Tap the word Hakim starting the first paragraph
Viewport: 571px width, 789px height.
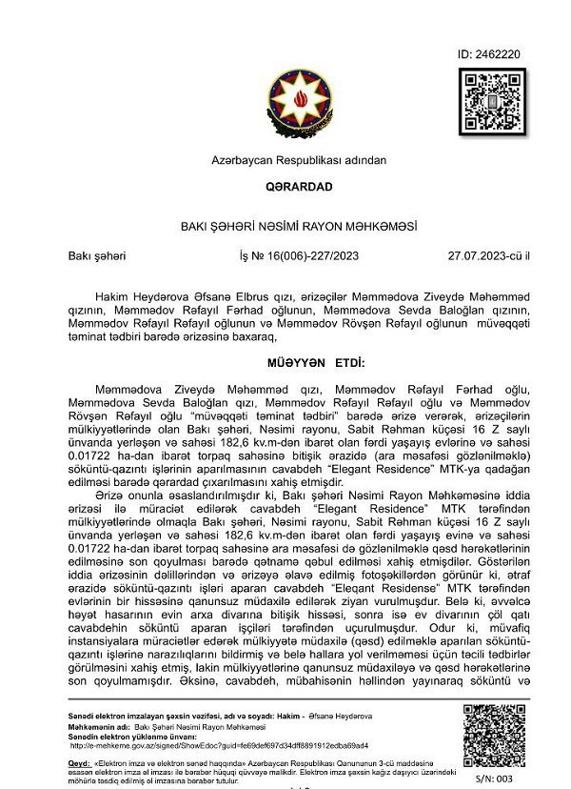(110, 297)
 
